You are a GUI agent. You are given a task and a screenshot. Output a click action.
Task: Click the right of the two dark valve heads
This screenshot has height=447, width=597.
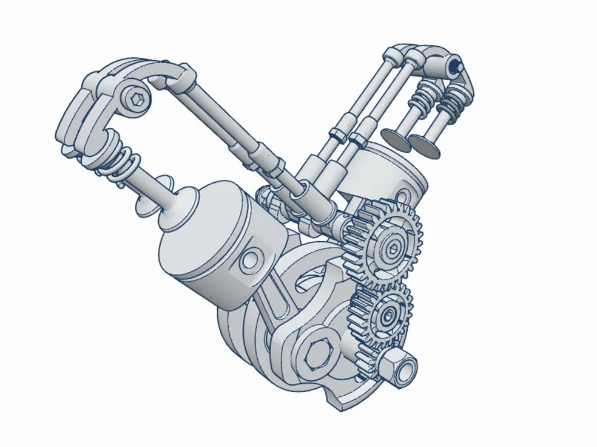point(425,146)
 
